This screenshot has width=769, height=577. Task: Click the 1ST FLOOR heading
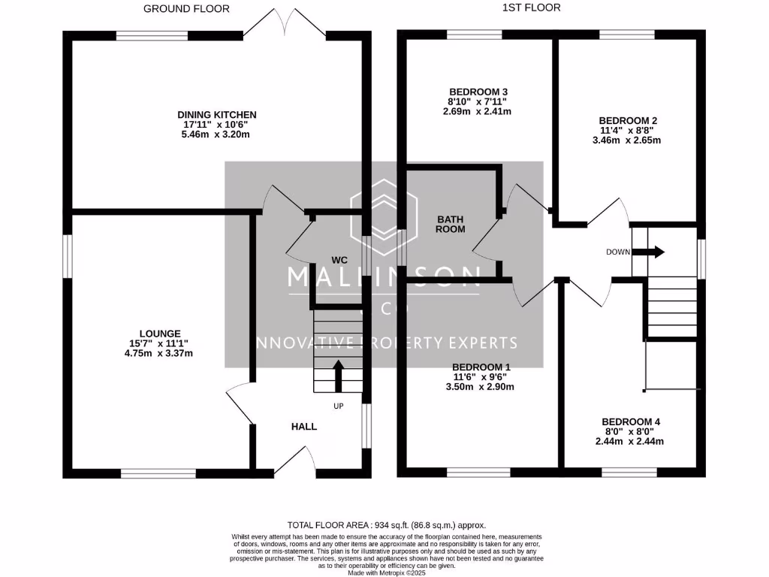tap(532, 8)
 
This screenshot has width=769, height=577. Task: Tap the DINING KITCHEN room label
tap(217, 114)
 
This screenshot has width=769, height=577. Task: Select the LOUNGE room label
tap(160, 333)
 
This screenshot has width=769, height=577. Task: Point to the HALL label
tap(304, 426)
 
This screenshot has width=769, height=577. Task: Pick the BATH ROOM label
tap(451, 224)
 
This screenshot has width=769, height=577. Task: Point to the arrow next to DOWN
tap(650, 252)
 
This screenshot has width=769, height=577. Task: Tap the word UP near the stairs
tap(339, 406)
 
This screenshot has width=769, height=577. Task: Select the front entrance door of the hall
tap(293, 460)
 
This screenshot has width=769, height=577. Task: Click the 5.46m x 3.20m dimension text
tap(215, 134)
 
